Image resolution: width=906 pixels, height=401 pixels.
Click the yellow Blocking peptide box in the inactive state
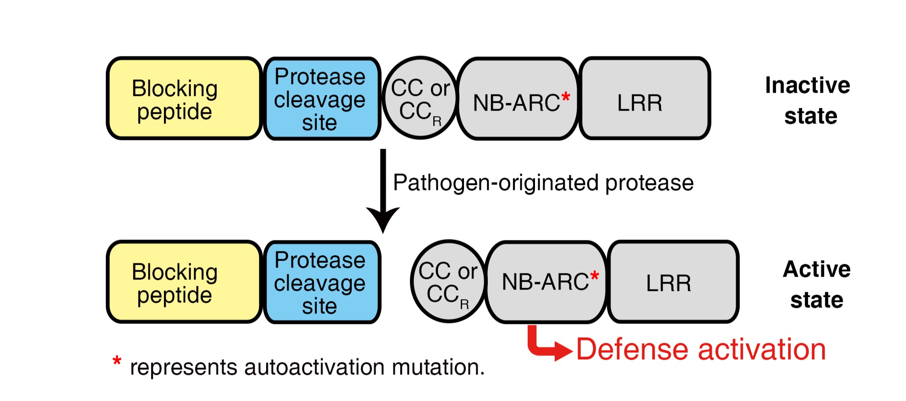pos(184,99)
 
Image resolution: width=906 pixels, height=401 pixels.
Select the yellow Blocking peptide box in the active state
pos(184,282)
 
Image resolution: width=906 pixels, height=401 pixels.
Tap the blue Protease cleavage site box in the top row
pos(322,99)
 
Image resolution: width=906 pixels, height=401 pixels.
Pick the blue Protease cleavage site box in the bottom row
pos(322,282)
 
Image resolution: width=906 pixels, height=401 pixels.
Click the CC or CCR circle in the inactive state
pos(420,98)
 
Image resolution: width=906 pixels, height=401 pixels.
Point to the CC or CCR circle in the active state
pos(448,282)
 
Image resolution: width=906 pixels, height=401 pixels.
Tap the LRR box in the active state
pos(673,282)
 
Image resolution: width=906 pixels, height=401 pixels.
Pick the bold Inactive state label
pos(808,100)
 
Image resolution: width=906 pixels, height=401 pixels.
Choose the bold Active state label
pos(817,284)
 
